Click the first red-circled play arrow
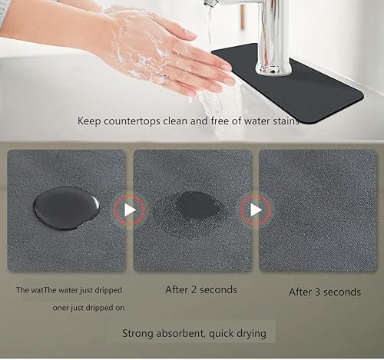pyautogui.click(x=129, y=210)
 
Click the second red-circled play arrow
pyautogui.click(x=254, y=210)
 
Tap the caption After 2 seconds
pyautogui.click(x=201, y=290)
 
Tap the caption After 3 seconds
pyautogui.click(x=324, y=292)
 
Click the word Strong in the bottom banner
pyautogui.click(x=141, y=334)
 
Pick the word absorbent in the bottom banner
pyautogui.click(x=188, y=334)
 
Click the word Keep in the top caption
pyautogui.click(x=91, y=121)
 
